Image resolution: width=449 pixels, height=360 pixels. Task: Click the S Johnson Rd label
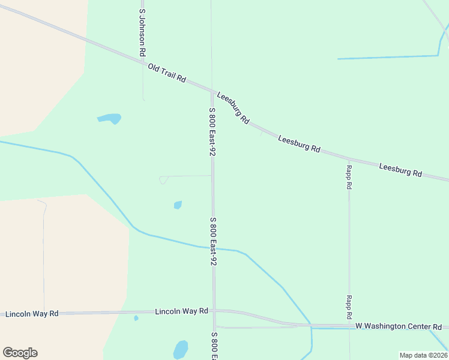coord(142,32)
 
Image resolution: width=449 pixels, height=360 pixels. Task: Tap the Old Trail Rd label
coord(167,74)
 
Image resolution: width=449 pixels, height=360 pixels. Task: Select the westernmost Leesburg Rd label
coord(233,108)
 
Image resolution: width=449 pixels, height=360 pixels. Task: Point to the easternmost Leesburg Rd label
coord(400,170)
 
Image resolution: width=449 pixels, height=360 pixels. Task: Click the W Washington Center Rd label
coord(399,326)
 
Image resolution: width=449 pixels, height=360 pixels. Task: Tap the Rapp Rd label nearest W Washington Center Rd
coord(349,307)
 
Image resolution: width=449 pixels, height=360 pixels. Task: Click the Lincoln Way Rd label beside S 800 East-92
coord(181,311)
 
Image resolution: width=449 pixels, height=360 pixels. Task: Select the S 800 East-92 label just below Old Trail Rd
coord(212,131)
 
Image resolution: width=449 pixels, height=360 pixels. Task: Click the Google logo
coord(20,352)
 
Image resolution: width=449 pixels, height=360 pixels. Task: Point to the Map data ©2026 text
coord(423,355)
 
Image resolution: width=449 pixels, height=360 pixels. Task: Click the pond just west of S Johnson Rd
coord(109,118)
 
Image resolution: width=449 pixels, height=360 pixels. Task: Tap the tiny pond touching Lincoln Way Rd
coord(136,318)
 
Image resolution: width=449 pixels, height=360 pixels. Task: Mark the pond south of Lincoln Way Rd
coord(180,349)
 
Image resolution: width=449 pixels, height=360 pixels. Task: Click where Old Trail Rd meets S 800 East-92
coord(211,90)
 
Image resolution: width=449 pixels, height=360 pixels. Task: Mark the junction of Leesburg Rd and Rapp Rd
coord(349,159)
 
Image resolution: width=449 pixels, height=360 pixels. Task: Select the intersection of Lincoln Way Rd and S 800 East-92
coord(214,311)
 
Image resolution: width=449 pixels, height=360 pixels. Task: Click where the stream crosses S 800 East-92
coord(213,248)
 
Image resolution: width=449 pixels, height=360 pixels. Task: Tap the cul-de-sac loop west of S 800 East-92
coord(163,179)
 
